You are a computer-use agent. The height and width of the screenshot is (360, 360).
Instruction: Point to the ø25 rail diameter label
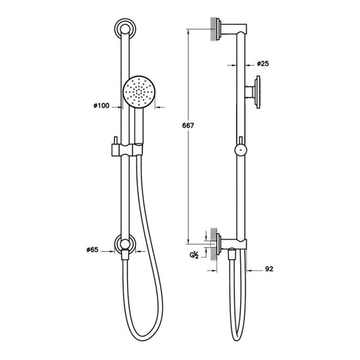[x=264, y=65]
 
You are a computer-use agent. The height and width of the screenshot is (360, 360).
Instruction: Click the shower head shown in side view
[x=254, y=91]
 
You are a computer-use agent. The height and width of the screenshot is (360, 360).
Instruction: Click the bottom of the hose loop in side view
[x=236, y=334]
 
